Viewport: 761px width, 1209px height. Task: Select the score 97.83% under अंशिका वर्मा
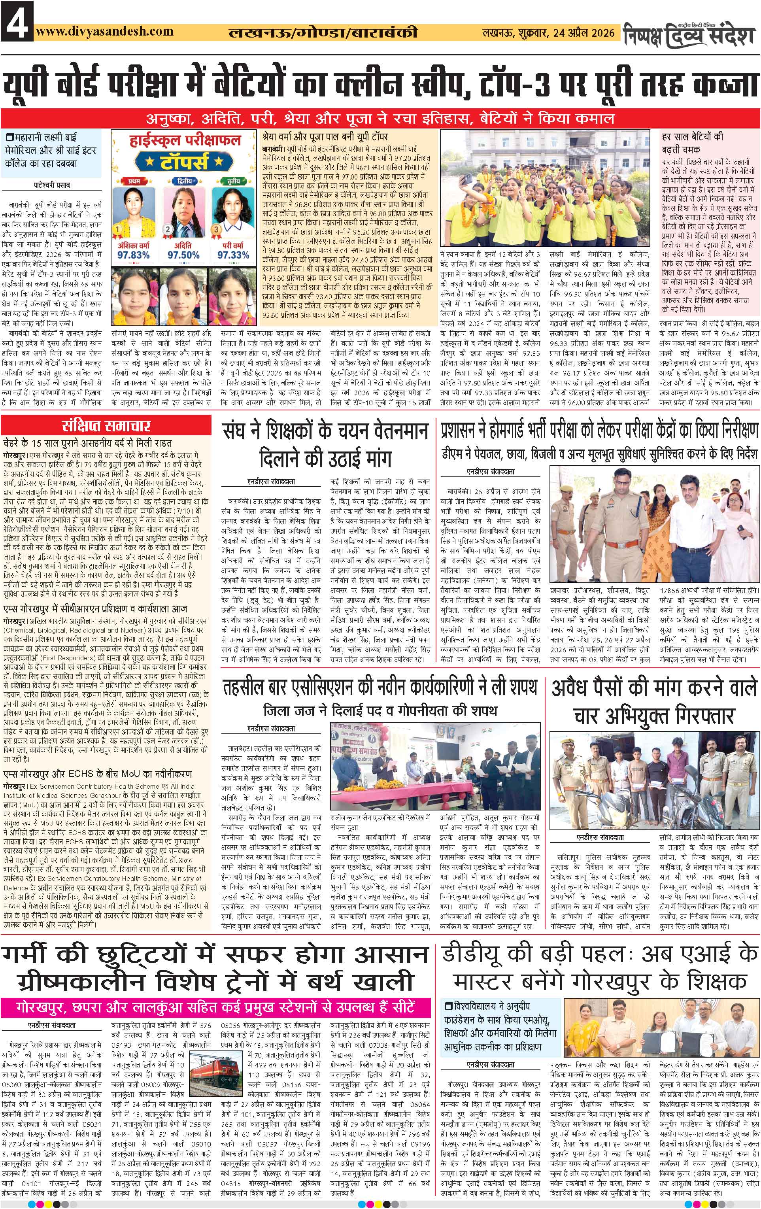pos(132,255)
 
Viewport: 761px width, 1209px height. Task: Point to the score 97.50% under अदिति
pos(183,255)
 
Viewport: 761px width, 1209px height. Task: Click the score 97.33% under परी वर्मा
pos(233,255)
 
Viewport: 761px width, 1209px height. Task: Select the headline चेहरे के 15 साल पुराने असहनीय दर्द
pos(88,443)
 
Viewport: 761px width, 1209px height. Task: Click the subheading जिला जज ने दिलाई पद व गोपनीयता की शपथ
pos(380,711)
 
